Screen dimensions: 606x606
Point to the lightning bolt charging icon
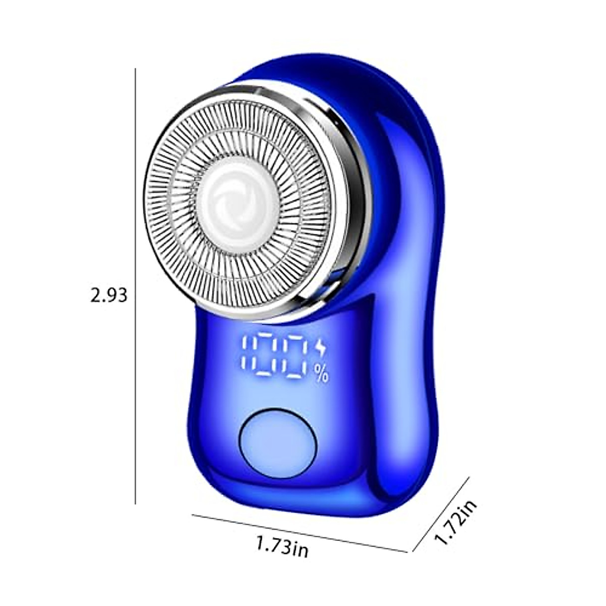[320, 349]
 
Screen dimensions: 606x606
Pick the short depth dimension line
[441, 519]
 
